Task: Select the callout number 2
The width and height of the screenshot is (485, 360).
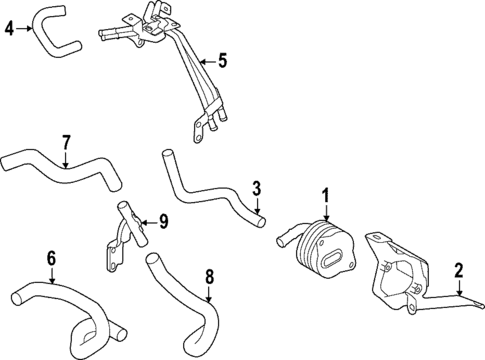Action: click(459, 269)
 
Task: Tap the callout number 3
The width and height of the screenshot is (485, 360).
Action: click(256, 188)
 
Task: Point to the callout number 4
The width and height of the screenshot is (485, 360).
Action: click(9, 28)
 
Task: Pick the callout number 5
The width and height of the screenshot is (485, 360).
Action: click(222, 61)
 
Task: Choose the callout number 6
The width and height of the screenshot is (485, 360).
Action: click(51, 259)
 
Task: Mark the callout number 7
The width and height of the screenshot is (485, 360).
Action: click(66, 141)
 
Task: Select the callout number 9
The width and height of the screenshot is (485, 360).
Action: click(164, 221)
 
